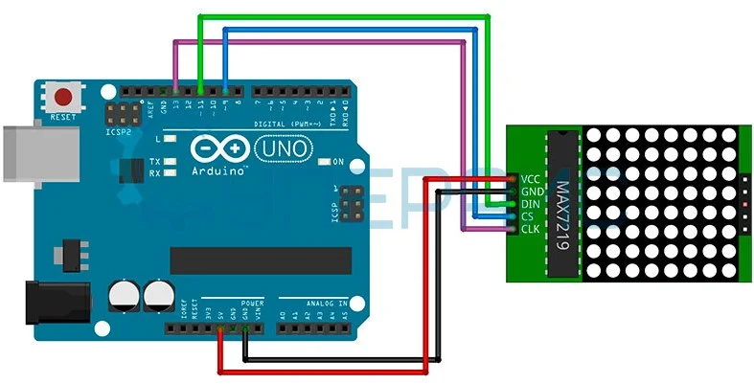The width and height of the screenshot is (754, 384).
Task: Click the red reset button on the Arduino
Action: click(64, 97)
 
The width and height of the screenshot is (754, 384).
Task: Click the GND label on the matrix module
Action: click(533, 192)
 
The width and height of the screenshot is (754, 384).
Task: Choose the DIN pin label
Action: click(532, 204)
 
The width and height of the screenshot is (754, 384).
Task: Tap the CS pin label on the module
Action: click(528, 216)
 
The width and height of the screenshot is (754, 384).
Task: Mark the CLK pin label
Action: click(532, 229)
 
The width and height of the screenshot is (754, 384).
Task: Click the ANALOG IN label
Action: click(326, 303)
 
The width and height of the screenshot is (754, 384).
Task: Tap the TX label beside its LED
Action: click(154, 162)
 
